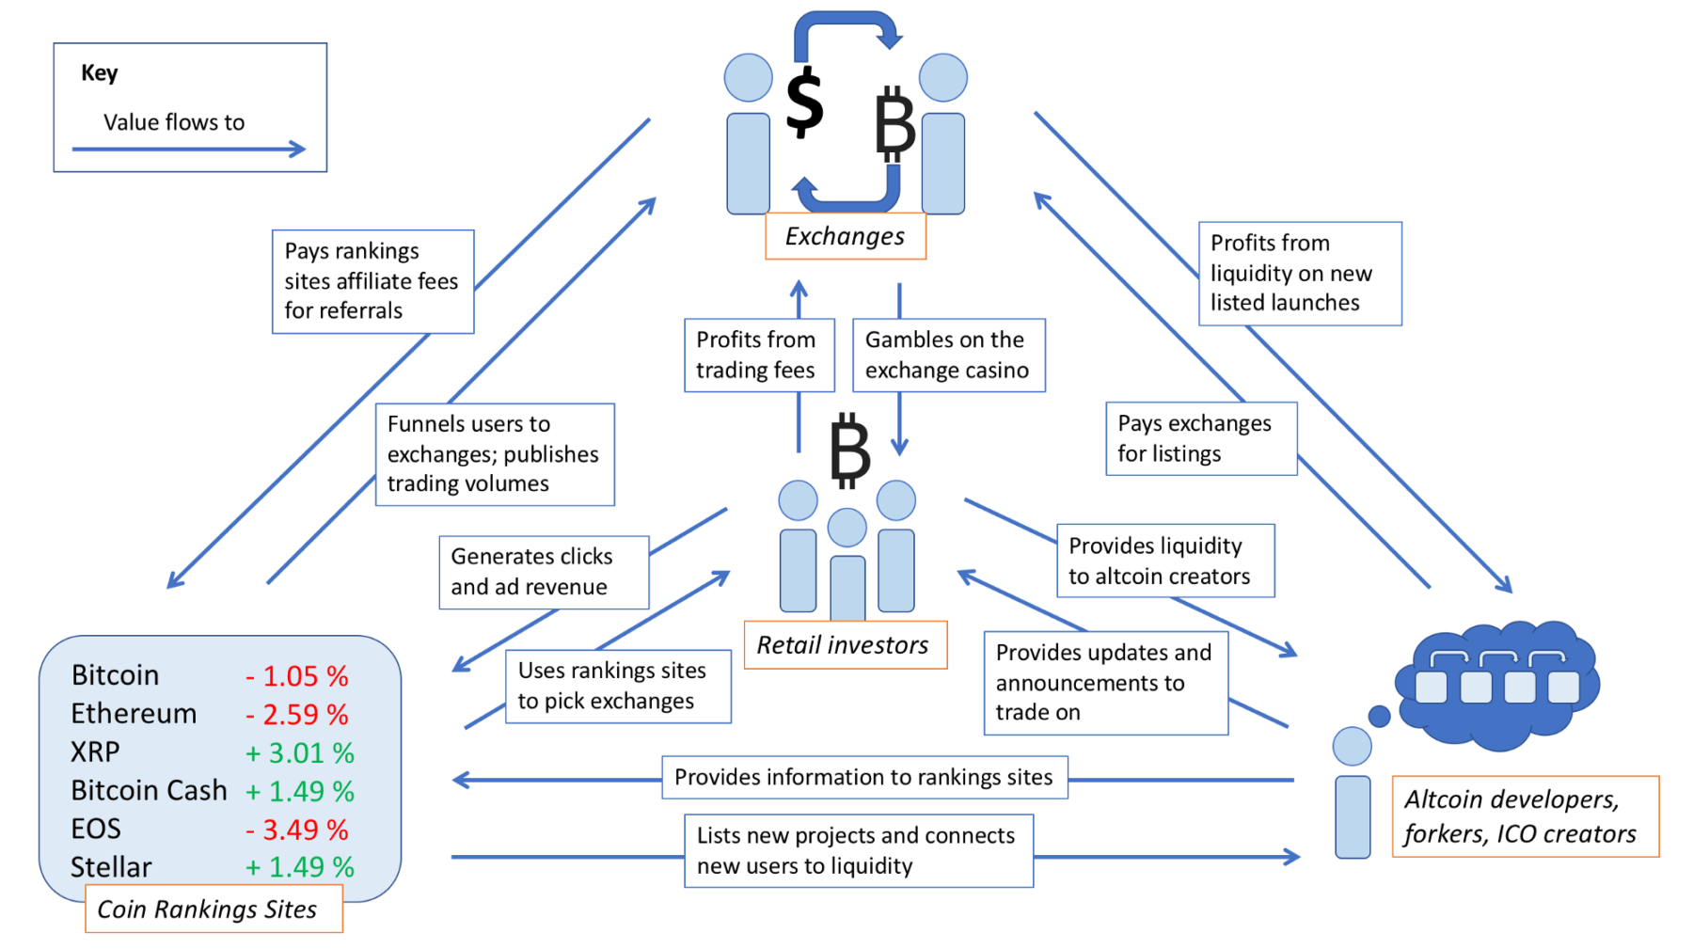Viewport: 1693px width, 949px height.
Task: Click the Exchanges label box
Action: click(x=845, y=236)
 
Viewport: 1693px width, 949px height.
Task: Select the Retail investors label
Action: click(x=844, y=645)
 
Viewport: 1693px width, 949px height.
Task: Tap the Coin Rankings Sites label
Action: click(x=214, y=909)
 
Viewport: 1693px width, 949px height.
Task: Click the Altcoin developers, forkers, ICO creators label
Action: click(x=1524, y=816)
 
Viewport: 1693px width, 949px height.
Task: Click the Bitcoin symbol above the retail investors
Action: click(x=850, y=451)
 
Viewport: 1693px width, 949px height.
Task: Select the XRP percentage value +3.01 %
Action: click(x=299, y=752)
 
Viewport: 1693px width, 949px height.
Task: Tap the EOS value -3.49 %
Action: click(x=297, y=830)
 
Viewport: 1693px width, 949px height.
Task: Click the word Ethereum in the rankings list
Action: click(x=134, y=714)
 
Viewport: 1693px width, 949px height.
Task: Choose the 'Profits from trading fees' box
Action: click(x=758, y=355)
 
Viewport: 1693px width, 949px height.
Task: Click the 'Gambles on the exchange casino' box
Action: click(x=948, y=355)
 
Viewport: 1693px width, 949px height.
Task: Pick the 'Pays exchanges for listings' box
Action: click(x=1200, y=438)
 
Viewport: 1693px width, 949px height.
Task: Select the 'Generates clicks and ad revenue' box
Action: click(x=543, y=572)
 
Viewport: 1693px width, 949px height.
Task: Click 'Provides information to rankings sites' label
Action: click(x=863, y=777)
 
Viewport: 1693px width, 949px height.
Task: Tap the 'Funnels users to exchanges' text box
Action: click(x=494, y=454)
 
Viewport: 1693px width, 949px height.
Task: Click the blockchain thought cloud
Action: click(x=1497, y=685)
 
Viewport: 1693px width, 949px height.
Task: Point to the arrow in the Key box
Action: click(x=188, y=149)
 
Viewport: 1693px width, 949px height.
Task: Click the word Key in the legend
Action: click(x=99, y=72)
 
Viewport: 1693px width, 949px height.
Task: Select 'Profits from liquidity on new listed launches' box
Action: click(x=1299, y=274)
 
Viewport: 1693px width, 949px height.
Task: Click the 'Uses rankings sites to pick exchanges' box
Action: click(x=617, y=686)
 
